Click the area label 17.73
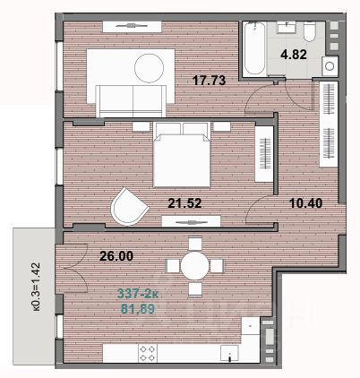pos(210,81)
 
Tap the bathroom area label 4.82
pos(294,55)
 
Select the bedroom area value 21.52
pos(184,203)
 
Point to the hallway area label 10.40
pos(306,203)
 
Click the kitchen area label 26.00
pos(116,256)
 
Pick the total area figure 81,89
pos(138,309)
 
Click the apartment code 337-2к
pos(138,294)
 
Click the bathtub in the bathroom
pos(254,48)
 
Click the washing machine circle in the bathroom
pos(330,66)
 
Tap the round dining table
pos(194,265)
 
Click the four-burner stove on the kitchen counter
pos(148,353)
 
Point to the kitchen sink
pos(229,353)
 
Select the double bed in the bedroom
pos(182,154)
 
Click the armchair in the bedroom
pos(129,206)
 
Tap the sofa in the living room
pos(131,101)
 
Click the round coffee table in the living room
pos(149,68)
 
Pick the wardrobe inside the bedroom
pos(264,154)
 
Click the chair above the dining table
pos(195,244)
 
